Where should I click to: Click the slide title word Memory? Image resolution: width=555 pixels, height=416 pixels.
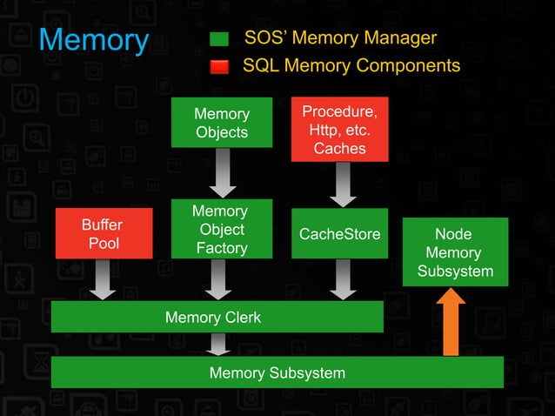coord(94,40)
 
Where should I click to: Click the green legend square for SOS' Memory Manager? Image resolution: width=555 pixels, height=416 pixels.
coord(219,39)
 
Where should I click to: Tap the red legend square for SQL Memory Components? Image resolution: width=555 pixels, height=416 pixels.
coord(219,67)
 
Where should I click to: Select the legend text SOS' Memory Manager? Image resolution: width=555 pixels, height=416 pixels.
coord(340,38)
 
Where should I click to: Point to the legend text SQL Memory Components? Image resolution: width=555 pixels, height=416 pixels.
coord(351,66)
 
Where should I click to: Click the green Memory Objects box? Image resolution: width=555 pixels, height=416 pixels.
coord(222,123)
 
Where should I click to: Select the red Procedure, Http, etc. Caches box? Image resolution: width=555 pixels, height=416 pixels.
coord(340,130)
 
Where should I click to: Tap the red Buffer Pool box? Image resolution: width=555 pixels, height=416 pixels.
coord(102,233)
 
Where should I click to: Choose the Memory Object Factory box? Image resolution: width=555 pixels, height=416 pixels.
coord(222,229)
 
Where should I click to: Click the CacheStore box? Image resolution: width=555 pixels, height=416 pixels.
coord(340,234)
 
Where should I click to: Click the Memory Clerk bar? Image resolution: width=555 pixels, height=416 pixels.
coord(217,317)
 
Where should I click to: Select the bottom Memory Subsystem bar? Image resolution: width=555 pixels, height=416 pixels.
coord(277,372)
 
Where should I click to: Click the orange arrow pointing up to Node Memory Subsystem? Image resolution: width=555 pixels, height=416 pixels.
coord(451,321)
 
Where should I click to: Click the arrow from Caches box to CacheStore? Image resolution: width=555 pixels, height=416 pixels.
coord(340,185)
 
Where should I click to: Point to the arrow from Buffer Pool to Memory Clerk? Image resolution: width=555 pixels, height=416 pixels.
coord(103,279)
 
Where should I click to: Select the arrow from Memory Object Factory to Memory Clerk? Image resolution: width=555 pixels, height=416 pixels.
coord(222,279)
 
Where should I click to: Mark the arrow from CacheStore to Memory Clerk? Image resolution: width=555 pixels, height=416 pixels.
coord(340,279)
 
